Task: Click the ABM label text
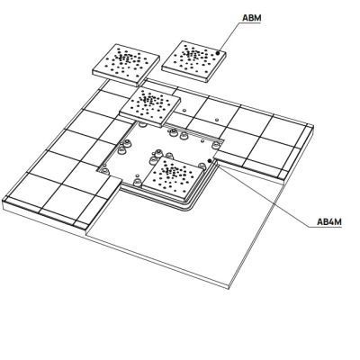252,18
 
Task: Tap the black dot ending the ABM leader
219,53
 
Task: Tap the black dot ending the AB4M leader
210,161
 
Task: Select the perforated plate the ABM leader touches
193,61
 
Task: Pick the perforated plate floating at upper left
126,65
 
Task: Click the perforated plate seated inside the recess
173,177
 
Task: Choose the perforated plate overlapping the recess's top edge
150,107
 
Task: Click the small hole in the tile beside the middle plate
184,110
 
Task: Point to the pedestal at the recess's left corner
104,171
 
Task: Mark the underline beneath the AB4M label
325,227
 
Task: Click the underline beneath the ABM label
250,23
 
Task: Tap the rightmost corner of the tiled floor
313,125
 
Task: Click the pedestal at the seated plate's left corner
137,182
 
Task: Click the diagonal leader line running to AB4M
264,194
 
